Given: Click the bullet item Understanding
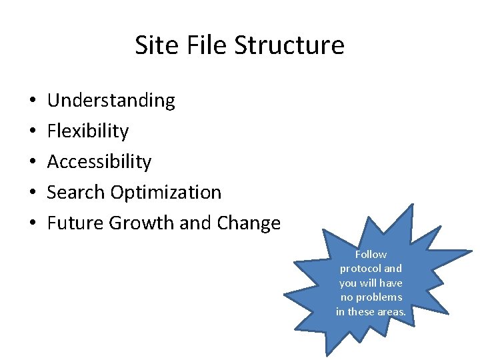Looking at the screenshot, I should click(111, 101).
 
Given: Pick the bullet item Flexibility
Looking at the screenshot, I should click(87, 131).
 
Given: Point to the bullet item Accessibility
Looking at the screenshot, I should click(99, 162).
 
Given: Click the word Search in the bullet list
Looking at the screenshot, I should click(76, 193).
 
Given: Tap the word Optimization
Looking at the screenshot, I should click(166, 193).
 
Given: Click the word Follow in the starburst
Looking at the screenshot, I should click(371, 255).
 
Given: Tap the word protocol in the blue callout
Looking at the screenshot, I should click(361, 269).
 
